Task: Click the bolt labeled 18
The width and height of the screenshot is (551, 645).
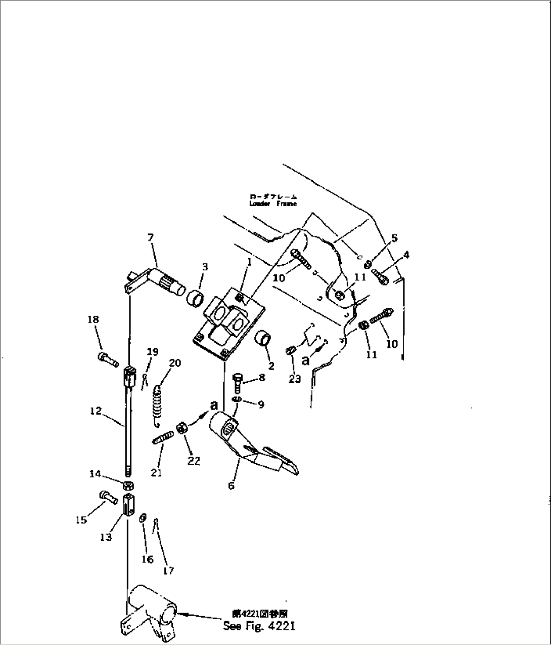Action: [108, 359]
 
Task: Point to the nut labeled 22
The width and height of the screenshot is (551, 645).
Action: [181, 429]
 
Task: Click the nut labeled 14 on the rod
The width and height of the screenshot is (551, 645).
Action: [128, 485]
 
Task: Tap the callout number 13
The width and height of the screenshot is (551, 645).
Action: [106, 537]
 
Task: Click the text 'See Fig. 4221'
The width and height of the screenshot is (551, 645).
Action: [259, 626]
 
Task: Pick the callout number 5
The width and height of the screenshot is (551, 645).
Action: [394, 238]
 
